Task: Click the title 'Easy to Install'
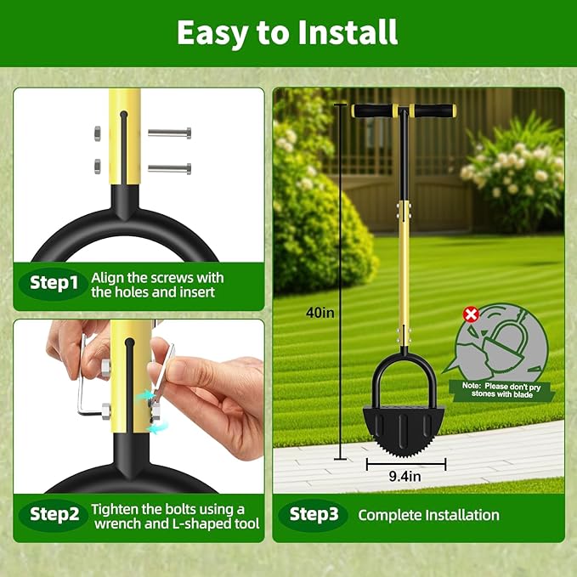pos(287,32)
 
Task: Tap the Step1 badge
pos(54,283)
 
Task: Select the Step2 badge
pos(54,514)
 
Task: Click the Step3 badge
pos(314,514)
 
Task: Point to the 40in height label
pos(320,312)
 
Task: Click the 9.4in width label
pos(405,478)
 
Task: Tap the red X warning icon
pos(470,315)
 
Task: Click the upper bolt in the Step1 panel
pos(169,133)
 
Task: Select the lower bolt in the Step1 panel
pos(169,168)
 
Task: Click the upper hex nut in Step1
pos(96,133)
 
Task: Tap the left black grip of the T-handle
pos(376,110)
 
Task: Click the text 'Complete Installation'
pos(428,515)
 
